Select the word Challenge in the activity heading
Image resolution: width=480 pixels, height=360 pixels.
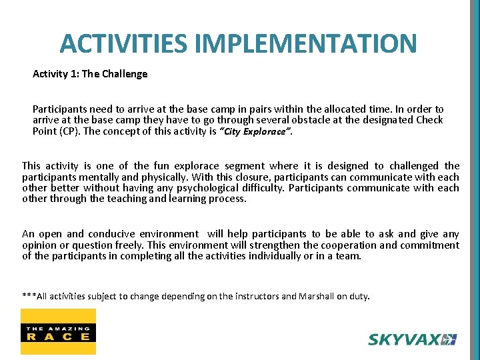click(x=125, y=74)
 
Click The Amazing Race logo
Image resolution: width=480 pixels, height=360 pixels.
click(x=58, y=331)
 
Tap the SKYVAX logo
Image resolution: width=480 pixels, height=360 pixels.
click(x=412, y=339)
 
